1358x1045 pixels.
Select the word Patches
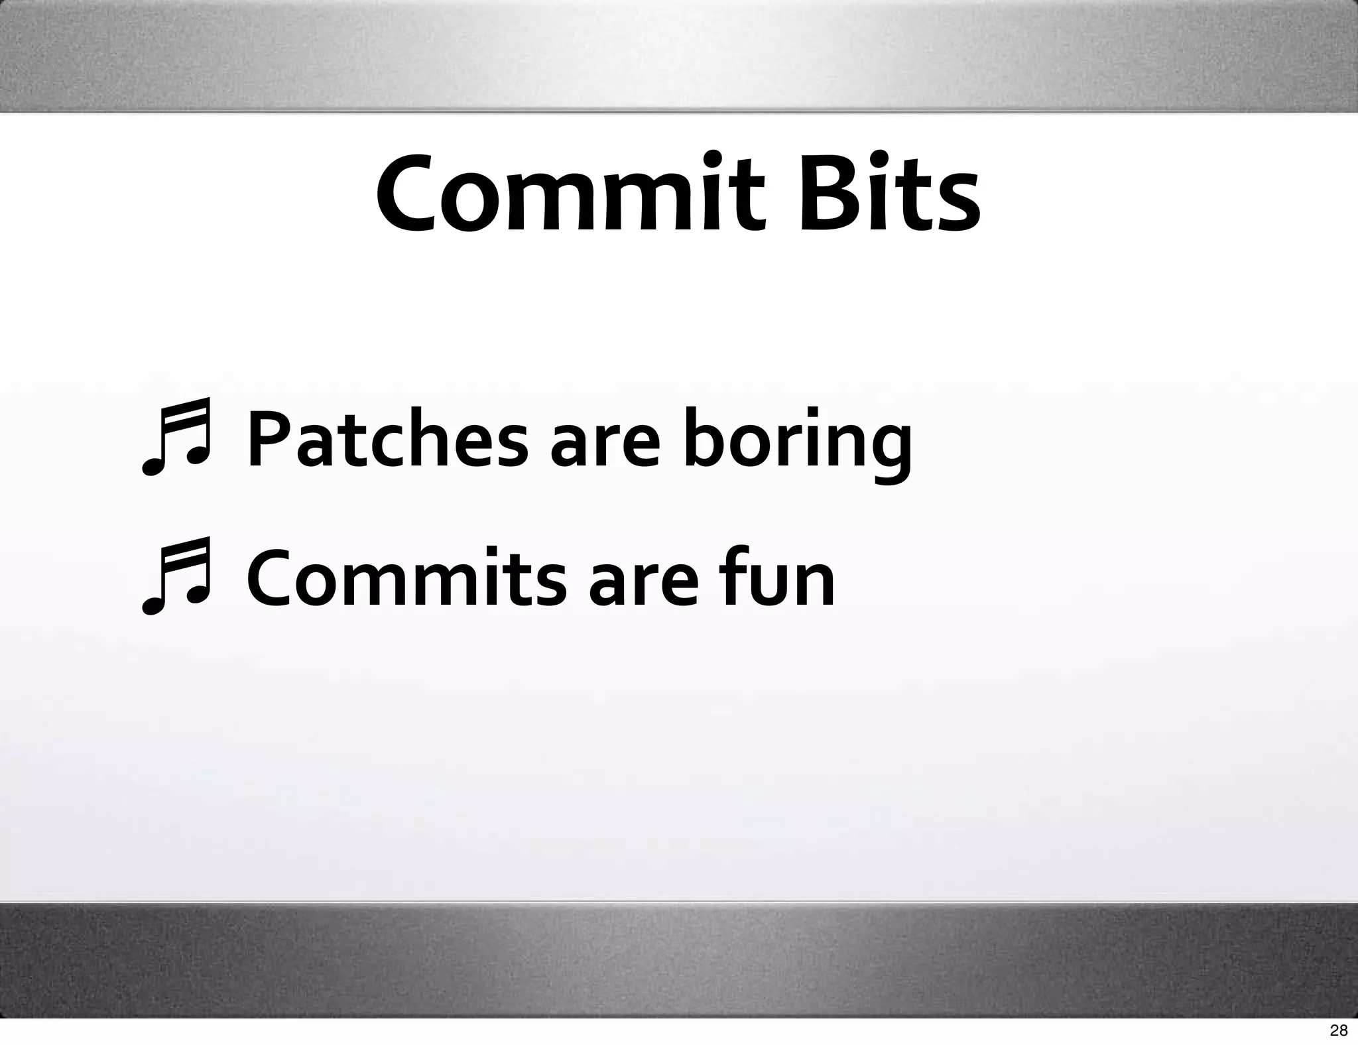[x=387, y=439]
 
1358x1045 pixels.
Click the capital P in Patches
[x=269, y=439]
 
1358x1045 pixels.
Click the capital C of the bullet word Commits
[x=272, y=579]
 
